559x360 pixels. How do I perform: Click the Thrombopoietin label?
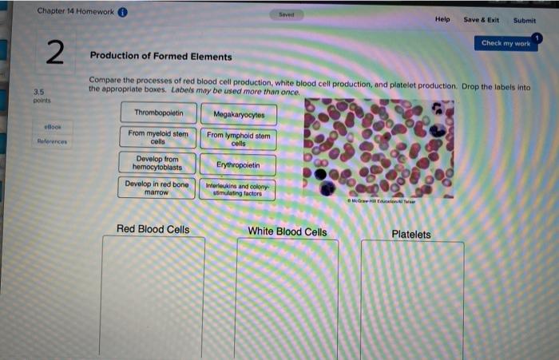(158, 113)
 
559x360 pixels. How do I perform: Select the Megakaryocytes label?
(239, 114)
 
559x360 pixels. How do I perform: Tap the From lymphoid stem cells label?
(239, 139)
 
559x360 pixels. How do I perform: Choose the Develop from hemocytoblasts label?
(158, 164)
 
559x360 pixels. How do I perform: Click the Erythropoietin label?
(239, 165)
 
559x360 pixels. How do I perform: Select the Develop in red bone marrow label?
(158, 188)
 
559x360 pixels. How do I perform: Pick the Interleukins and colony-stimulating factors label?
(239, 190)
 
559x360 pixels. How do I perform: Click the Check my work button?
(505, 43)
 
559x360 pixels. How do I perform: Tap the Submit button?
(525, 21)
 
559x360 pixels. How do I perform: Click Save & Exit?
(481, 20)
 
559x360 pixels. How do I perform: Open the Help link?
(442, 19)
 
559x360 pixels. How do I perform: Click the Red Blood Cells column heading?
(153, 230)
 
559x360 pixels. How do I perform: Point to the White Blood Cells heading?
(287, 232)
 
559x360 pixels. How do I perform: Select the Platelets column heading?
(411, 235)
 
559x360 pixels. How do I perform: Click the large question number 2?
(54, 53)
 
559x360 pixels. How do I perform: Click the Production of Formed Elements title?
(161, 57)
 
